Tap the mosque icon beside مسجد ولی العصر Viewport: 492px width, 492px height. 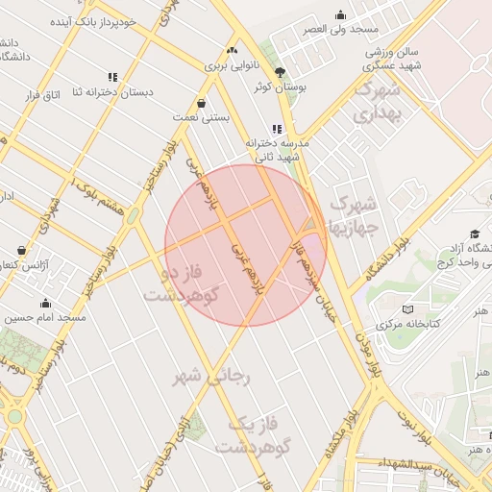[340, 14]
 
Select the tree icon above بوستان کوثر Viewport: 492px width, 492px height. [280, 72]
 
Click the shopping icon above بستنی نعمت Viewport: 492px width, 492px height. [201, 103]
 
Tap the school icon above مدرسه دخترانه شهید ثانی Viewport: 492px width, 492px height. [277, 129]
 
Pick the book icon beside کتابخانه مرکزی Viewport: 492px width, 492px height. [408, 309]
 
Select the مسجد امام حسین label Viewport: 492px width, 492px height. [48, 316]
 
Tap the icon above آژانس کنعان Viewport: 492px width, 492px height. [21, 250]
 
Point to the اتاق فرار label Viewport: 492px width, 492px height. [40, 94]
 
